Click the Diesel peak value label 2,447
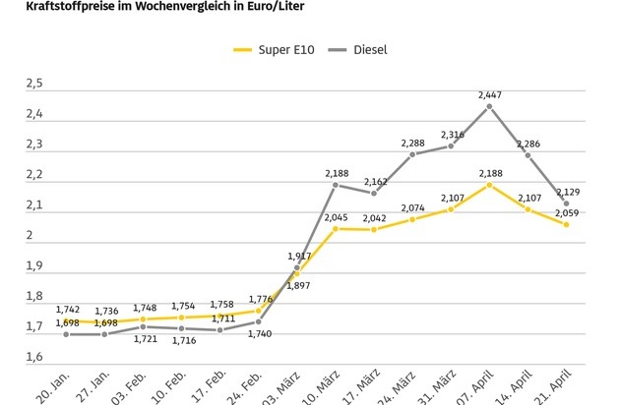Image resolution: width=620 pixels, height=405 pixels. [x=489, y=94]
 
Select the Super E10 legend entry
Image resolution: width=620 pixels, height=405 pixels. [x=273, y=48]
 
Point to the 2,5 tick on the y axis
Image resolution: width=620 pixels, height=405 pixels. [x=34, y=85]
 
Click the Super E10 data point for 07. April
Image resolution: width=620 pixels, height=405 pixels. [x=489, y=185]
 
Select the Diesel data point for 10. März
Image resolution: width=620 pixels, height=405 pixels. [x=336, y=185]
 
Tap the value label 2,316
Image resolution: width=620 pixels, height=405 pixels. [x=451, y=134]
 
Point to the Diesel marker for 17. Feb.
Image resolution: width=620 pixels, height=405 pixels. [x=220, y=330]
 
